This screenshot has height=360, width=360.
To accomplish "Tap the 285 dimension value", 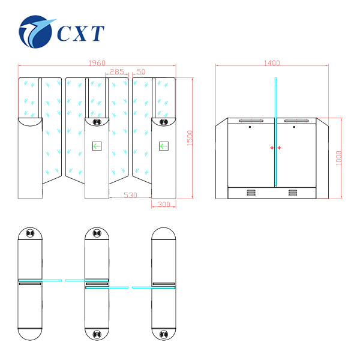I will (x=117, y=71).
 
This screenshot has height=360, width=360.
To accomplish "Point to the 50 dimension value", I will (x=141, y=71).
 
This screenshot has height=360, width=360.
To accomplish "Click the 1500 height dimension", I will (x=190, y=138).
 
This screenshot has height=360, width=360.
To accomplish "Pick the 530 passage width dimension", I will (x=130, y=195).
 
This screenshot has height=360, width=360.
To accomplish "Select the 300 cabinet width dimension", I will (x=163, y=205).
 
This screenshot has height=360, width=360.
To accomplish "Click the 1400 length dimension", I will (x=272, y=63).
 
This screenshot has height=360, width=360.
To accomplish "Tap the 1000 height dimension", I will (x=339, y=158).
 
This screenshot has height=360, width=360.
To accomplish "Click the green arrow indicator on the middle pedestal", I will (x=97, y=145).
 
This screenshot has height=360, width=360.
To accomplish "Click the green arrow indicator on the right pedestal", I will (x=163, y=145).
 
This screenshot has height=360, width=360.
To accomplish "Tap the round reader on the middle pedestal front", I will (x=97, y=123).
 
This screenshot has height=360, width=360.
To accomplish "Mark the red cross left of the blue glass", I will (x=271, y=148).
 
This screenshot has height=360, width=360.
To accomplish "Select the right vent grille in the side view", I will (x=293, y=193).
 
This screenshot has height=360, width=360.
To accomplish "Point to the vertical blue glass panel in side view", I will (x=275, y=132).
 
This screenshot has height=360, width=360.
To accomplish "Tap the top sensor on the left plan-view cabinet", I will (x=30, y=234).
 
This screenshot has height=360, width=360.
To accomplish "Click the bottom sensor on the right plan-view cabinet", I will (x=163, y=334).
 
